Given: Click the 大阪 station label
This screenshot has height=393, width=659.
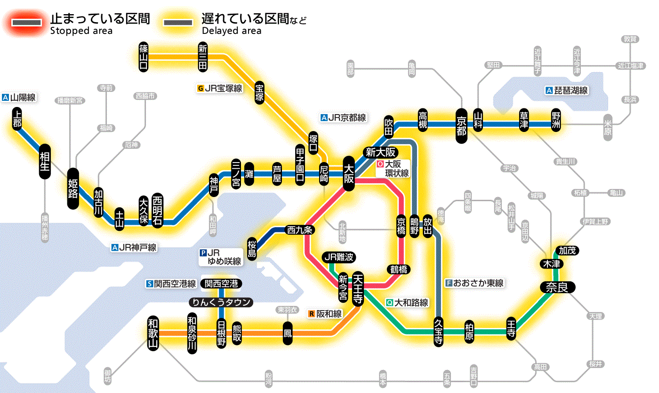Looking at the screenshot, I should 349,173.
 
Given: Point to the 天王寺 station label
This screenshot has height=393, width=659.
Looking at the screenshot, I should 357,288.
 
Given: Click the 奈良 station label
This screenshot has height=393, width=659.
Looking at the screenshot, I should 557,287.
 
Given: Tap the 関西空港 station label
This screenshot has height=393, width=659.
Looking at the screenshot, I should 221,284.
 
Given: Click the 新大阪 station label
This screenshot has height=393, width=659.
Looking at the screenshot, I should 381,152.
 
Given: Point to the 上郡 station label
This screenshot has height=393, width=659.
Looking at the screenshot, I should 17,119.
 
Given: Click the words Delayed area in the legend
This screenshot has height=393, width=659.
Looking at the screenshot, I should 232,31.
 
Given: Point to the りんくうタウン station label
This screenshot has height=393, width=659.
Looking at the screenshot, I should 221,303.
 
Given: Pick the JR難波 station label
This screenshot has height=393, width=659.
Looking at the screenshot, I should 339,257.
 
